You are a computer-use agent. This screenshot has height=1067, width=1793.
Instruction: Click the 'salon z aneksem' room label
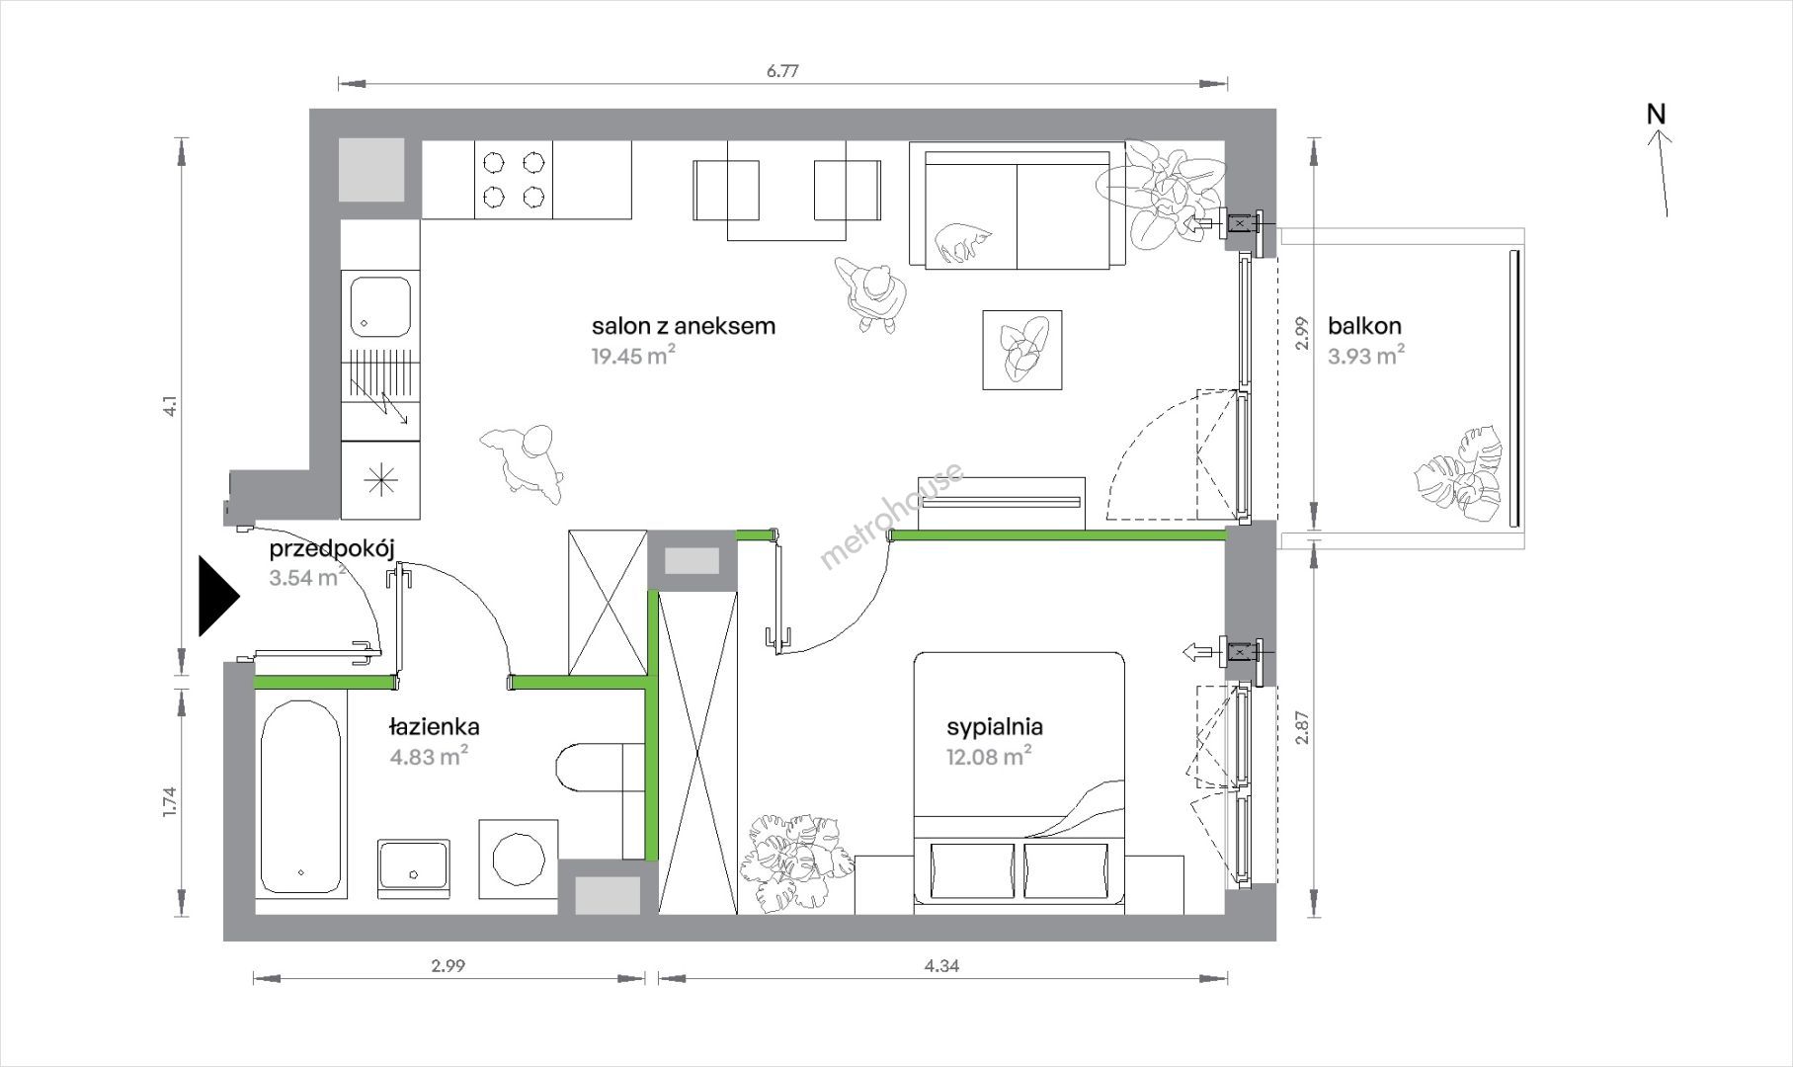tap(684, 325)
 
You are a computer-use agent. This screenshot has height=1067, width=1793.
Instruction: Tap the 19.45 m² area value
tap(632, 356)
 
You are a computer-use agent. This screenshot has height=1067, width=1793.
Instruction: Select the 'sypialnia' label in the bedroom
tap(995, 728)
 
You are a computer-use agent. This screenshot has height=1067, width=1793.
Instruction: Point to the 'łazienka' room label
tap(434, 727)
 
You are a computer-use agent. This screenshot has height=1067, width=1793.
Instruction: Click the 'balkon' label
tap(1364, 325)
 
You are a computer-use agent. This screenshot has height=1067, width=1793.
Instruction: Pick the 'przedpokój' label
tap(325, 550)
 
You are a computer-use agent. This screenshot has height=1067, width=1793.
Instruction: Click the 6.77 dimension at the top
tap(782, 71)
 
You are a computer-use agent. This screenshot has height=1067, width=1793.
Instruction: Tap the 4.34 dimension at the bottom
tap(942, 966)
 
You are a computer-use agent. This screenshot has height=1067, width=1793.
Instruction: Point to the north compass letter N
tap(1657, 115)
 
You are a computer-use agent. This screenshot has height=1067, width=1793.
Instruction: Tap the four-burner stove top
tap(513, 179)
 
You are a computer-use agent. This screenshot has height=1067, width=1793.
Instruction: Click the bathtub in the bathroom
tap(301, 795)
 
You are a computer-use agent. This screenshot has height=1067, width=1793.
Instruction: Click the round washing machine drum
tap(519, 858)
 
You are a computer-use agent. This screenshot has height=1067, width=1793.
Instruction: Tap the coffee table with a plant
tap(1022, 350)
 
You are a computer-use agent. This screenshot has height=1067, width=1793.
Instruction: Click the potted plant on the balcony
tap(1459, 475)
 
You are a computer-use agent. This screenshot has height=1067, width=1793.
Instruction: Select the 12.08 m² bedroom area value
tap(988, 758)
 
